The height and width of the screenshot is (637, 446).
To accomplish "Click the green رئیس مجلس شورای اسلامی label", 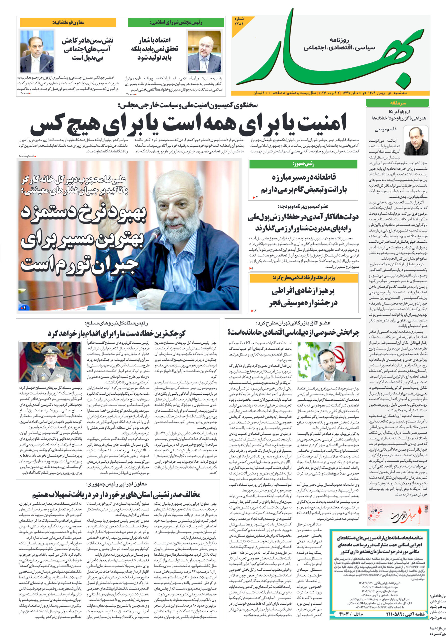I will (x=176, y=22).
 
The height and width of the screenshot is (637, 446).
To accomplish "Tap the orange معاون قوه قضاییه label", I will (x=68, y=22).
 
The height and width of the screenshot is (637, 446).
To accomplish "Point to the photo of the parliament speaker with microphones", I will (x=205, y=51).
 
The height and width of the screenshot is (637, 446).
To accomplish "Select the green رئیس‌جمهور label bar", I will (x=303, y=164).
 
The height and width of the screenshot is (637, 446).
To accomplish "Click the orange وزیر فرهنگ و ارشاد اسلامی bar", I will (x=303, y=278).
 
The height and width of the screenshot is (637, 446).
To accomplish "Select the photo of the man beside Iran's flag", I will (x=328, y=361).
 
